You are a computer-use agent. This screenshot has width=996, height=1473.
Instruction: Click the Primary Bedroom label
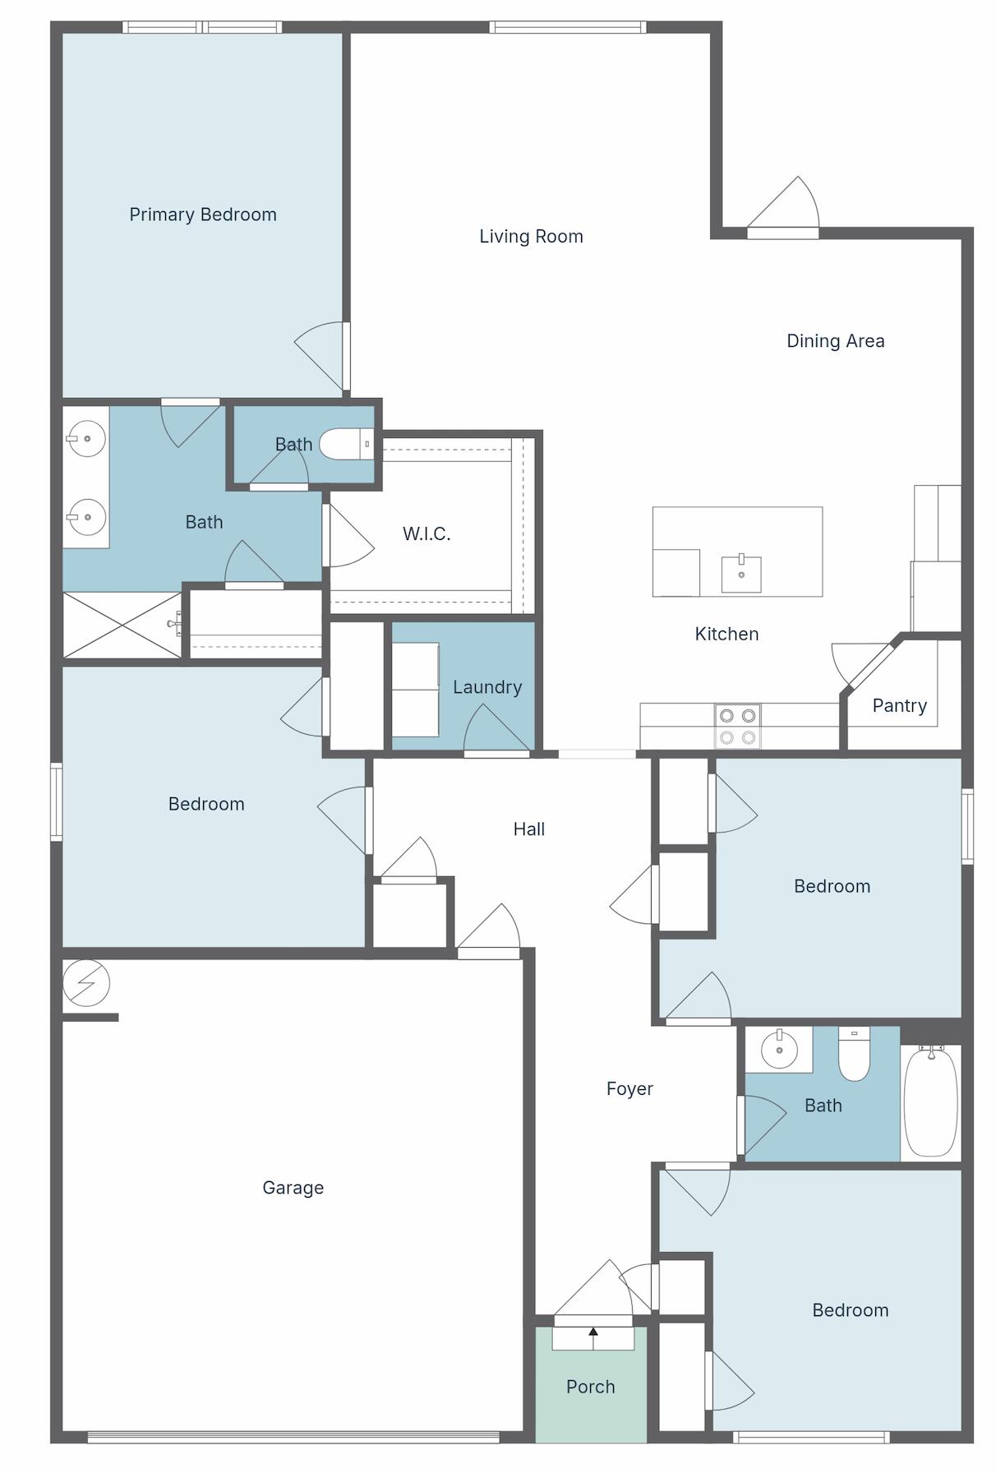tap(203, 215)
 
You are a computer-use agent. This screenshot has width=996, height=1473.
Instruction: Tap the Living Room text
tap(531, 237)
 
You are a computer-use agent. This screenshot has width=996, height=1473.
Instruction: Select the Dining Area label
tap(835, 341)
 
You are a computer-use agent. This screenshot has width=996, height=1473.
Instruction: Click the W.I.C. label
tap(427, 534)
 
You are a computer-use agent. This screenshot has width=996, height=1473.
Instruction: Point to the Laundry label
tap(487, 687)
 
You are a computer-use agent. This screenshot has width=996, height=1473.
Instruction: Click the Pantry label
tap(899, 706)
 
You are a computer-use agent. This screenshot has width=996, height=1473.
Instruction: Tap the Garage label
tap(293, 1188)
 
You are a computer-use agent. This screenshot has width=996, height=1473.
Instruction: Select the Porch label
tap(590, 1387)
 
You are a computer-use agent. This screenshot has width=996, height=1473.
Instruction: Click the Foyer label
tap(629, 1089)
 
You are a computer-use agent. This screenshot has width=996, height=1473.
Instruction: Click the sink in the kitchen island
tap(741, 573)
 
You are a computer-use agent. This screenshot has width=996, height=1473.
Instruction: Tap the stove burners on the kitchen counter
tap(737, 727)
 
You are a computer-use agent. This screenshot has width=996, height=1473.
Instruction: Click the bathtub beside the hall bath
tap(930, 1101)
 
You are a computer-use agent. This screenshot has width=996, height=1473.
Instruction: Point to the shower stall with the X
tap(122, 626)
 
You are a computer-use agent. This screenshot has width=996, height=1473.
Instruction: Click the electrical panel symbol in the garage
tap(86, 983)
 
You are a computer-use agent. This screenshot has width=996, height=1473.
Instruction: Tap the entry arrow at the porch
tap(593, 1332)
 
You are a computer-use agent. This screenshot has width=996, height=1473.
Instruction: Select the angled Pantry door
tap(869, 666)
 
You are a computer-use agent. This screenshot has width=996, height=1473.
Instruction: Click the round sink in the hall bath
tap(778, 1050)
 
